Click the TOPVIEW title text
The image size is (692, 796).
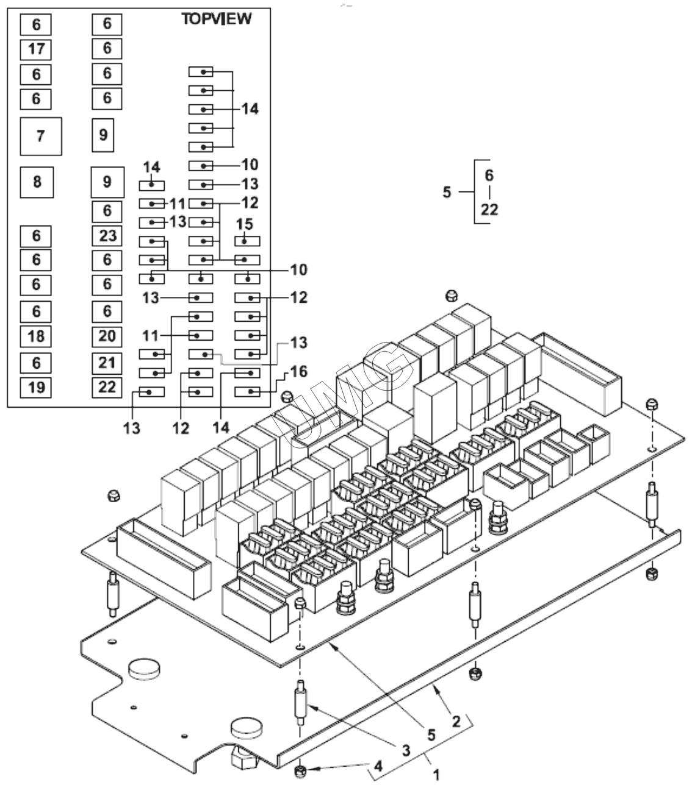tap(216, 19)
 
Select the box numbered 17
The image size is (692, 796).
tap(36, 49)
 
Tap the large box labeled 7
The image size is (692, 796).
tap(40, 135)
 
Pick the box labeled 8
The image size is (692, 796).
tap(37, 182)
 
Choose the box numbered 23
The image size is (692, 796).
tap(107, 235)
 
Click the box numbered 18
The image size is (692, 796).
tap(36, 336)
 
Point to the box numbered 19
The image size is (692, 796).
tap(36, 387)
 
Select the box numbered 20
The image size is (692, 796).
tap(107, 336)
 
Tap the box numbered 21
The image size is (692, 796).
tap(107, 363)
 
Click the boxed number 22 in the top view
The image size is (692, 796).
tap(107, 387)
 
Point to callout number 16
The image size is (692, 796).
tap(299, 371)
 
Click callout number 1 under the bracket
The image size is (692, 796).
tap(436, 775)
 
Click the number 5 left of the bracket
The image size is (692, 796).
tap(447, 193)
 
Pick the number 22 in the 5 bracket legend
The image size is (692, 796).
tap(489, 210)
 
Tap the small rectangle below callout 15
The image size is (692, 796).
tap(247, 241)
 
